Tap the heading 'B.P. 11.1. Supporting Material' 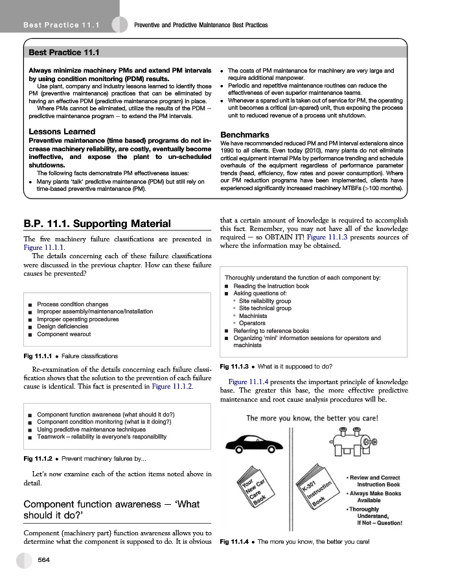[x=97, y=225]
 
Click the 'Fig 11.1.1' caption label [x=38, y=356]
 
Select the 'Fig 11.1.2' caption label [x=38, y=459]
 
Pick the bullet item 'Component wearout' [x=64, y=335]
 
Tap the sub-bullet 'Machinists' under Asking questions [x=253, y=316]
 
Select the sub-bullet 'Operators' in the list [x=252, y=323]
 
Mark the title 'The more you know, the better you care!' [x=312, y=418]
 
